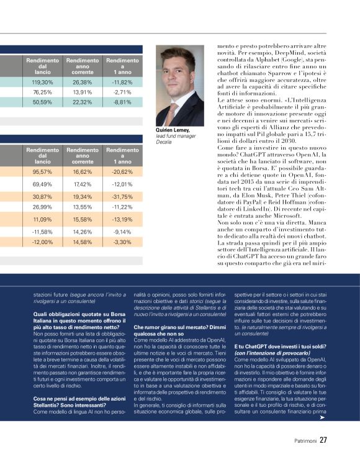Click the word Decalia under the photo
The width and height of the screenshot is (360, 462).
164,142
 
